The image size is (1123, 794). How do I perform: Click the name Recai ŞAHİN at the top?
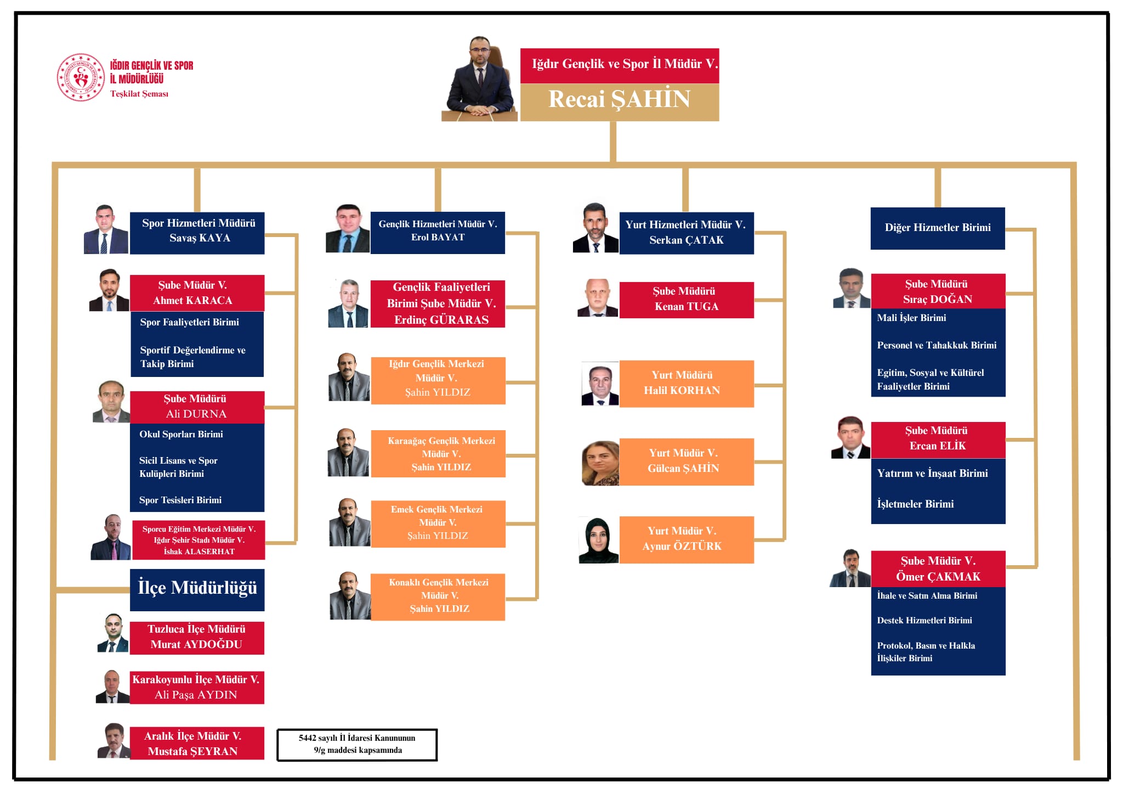click(619, 99)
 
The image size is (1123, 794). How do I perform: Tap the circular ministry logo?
click(81, 77)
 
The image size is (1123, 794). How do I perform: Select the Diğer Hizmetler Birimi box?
click(938, 228)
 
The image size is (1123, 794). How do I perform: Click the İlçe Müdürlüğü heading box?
click(197, 590)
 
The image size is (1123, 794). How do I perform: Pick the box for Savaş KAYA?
click(197, 233)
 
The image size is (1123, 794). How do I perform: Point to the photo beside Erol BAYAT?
click(348, 228)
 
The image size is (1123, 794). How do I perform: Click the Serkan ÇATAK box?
click(687, 233)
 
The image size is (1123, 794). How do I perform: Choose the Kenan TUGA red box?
click(687, 300)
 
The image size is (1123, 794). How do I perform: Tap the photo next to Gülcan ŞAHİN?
click(600, 463)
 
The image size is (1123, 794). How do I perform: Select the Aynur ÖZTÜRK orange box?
click(687, 539)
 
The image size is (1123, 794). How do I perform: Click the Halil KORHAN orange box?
click(687, 384)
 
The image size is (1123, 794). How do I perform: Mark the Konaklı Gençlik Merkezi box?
click(438, 597)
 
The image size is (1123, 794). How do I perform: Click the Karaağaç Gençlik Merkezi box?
click(438, 454)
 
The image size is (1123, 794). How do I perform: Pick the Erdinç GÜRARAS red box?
click(438, 304)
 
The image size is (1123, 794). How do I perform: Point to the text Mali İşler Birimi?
click(911, 318)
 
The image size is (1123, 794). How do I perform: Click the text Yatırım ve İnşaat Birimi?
click(932, 473)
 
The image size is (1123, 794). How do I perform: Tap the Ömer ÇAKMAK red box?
click(938, 569)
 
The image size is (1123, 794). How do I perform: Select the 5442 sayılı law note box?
click(357, 745)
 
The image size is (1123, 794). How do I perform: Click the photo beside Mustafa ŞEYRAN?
click(114, 741)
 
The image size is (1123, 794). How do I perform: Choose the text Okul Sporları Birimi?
click(181, 434)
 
